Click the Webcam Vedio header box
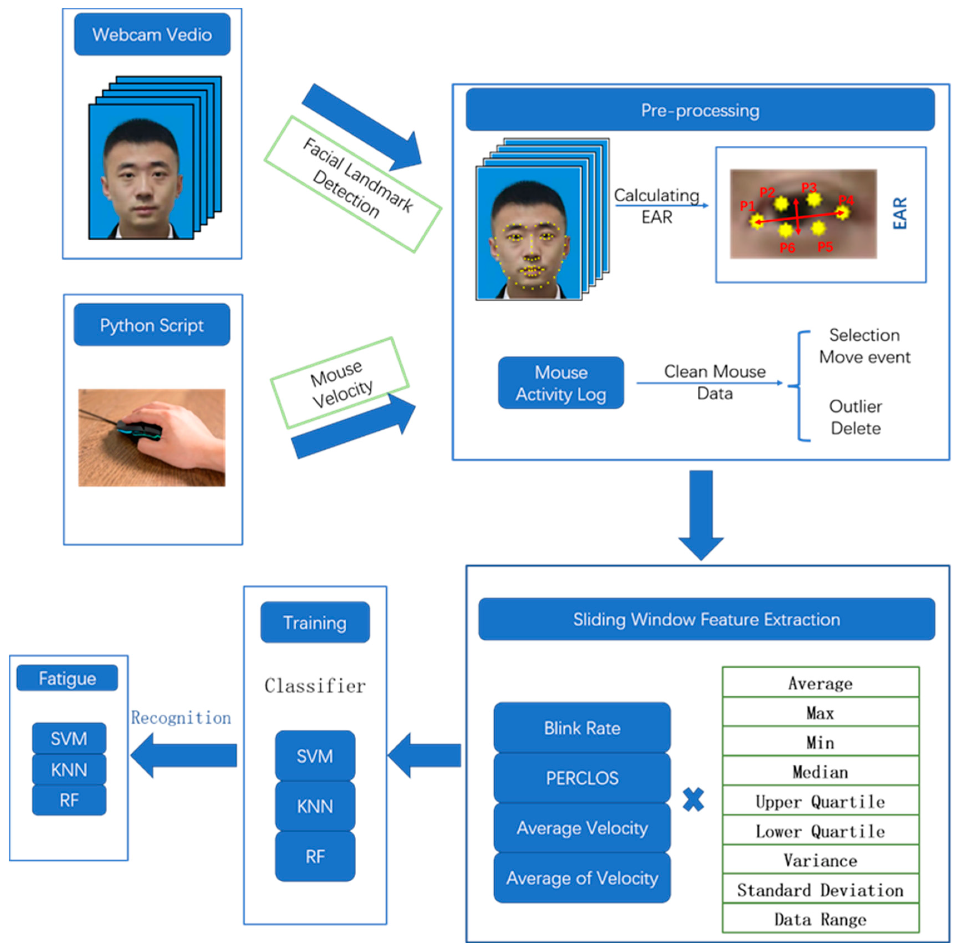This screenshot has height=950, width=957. coord(152,34)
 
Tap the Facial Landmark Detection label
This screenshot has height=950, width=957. coord(353,184)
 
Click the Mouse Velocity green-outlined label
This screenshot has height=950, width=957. coord(340,383)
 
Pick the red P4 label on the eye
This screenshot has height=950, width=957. coord(846,200)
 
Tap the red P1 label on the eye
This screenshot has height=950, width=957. coord(747,206)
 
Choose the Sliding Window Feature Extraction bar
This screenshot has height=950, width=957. coord(706,619)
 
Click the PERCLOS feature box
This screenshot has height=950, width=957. coord(582,778)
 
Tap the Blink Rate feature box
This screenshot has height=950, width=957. coord(582,728)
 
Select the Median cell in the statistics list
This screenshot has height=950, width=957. coord(820,772)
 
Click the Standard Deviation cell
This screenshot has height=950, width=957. coord(820,890)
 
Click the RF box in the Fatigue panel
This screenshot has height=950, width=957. coord(69,799)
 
